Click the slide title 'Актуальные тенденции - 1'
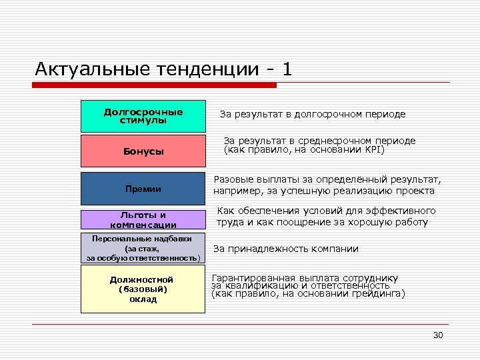click(x=163, y=69)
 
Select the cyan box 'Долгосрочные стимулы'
click(x=143, y=116)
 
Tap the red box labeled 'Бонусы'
click(x=143, y=151)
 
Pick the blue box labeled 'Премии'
click(x=143, y=189)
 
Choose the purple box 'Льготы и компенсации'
click(x=143, y=220)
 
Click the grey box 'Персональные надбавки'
click(x=143, y=248)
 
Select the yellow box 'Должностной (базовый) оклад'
click(x=143, y=289)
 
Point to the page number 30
click(x=438, y=335)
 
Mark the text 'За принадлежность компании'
click(x=285, y=249)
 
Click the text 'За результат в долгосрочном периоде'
click(x=312, y=114)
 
